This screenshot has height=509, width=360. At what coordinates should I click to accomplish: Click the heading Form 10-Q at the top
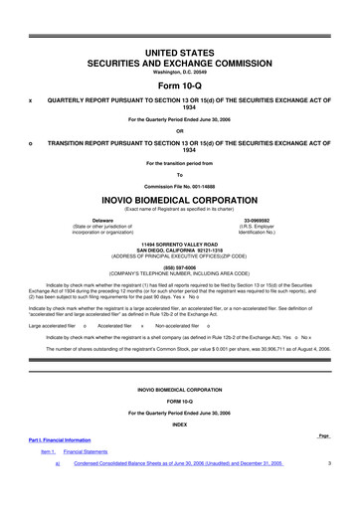point(179,85)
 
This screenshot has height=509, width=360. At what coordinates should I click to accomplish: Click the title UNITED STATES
point(179,49)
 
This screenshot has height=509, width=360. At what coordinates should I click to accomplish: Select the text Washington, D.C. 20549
point(179,72)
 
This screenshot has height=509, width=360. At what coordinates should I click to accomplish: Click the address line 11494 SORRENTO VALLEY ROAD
point(179,242)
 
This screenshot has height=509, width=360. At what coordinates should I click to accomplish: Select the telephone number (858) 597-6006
point(179,265)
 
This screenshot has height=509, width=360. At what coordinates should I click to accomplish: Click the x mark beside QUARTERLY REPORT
point(31,100)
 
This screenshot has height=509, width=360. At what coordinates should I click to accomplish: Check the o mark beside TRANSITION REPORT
point(31,143)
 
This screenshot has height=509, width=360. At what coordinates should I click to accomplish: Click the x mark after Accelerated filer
point(142,325)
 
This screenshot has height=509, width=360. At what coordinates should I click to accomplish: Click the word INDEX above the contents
point(179,424)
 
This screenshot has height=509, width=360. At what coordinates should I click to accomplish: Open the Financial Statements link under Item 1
point(86,451)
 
